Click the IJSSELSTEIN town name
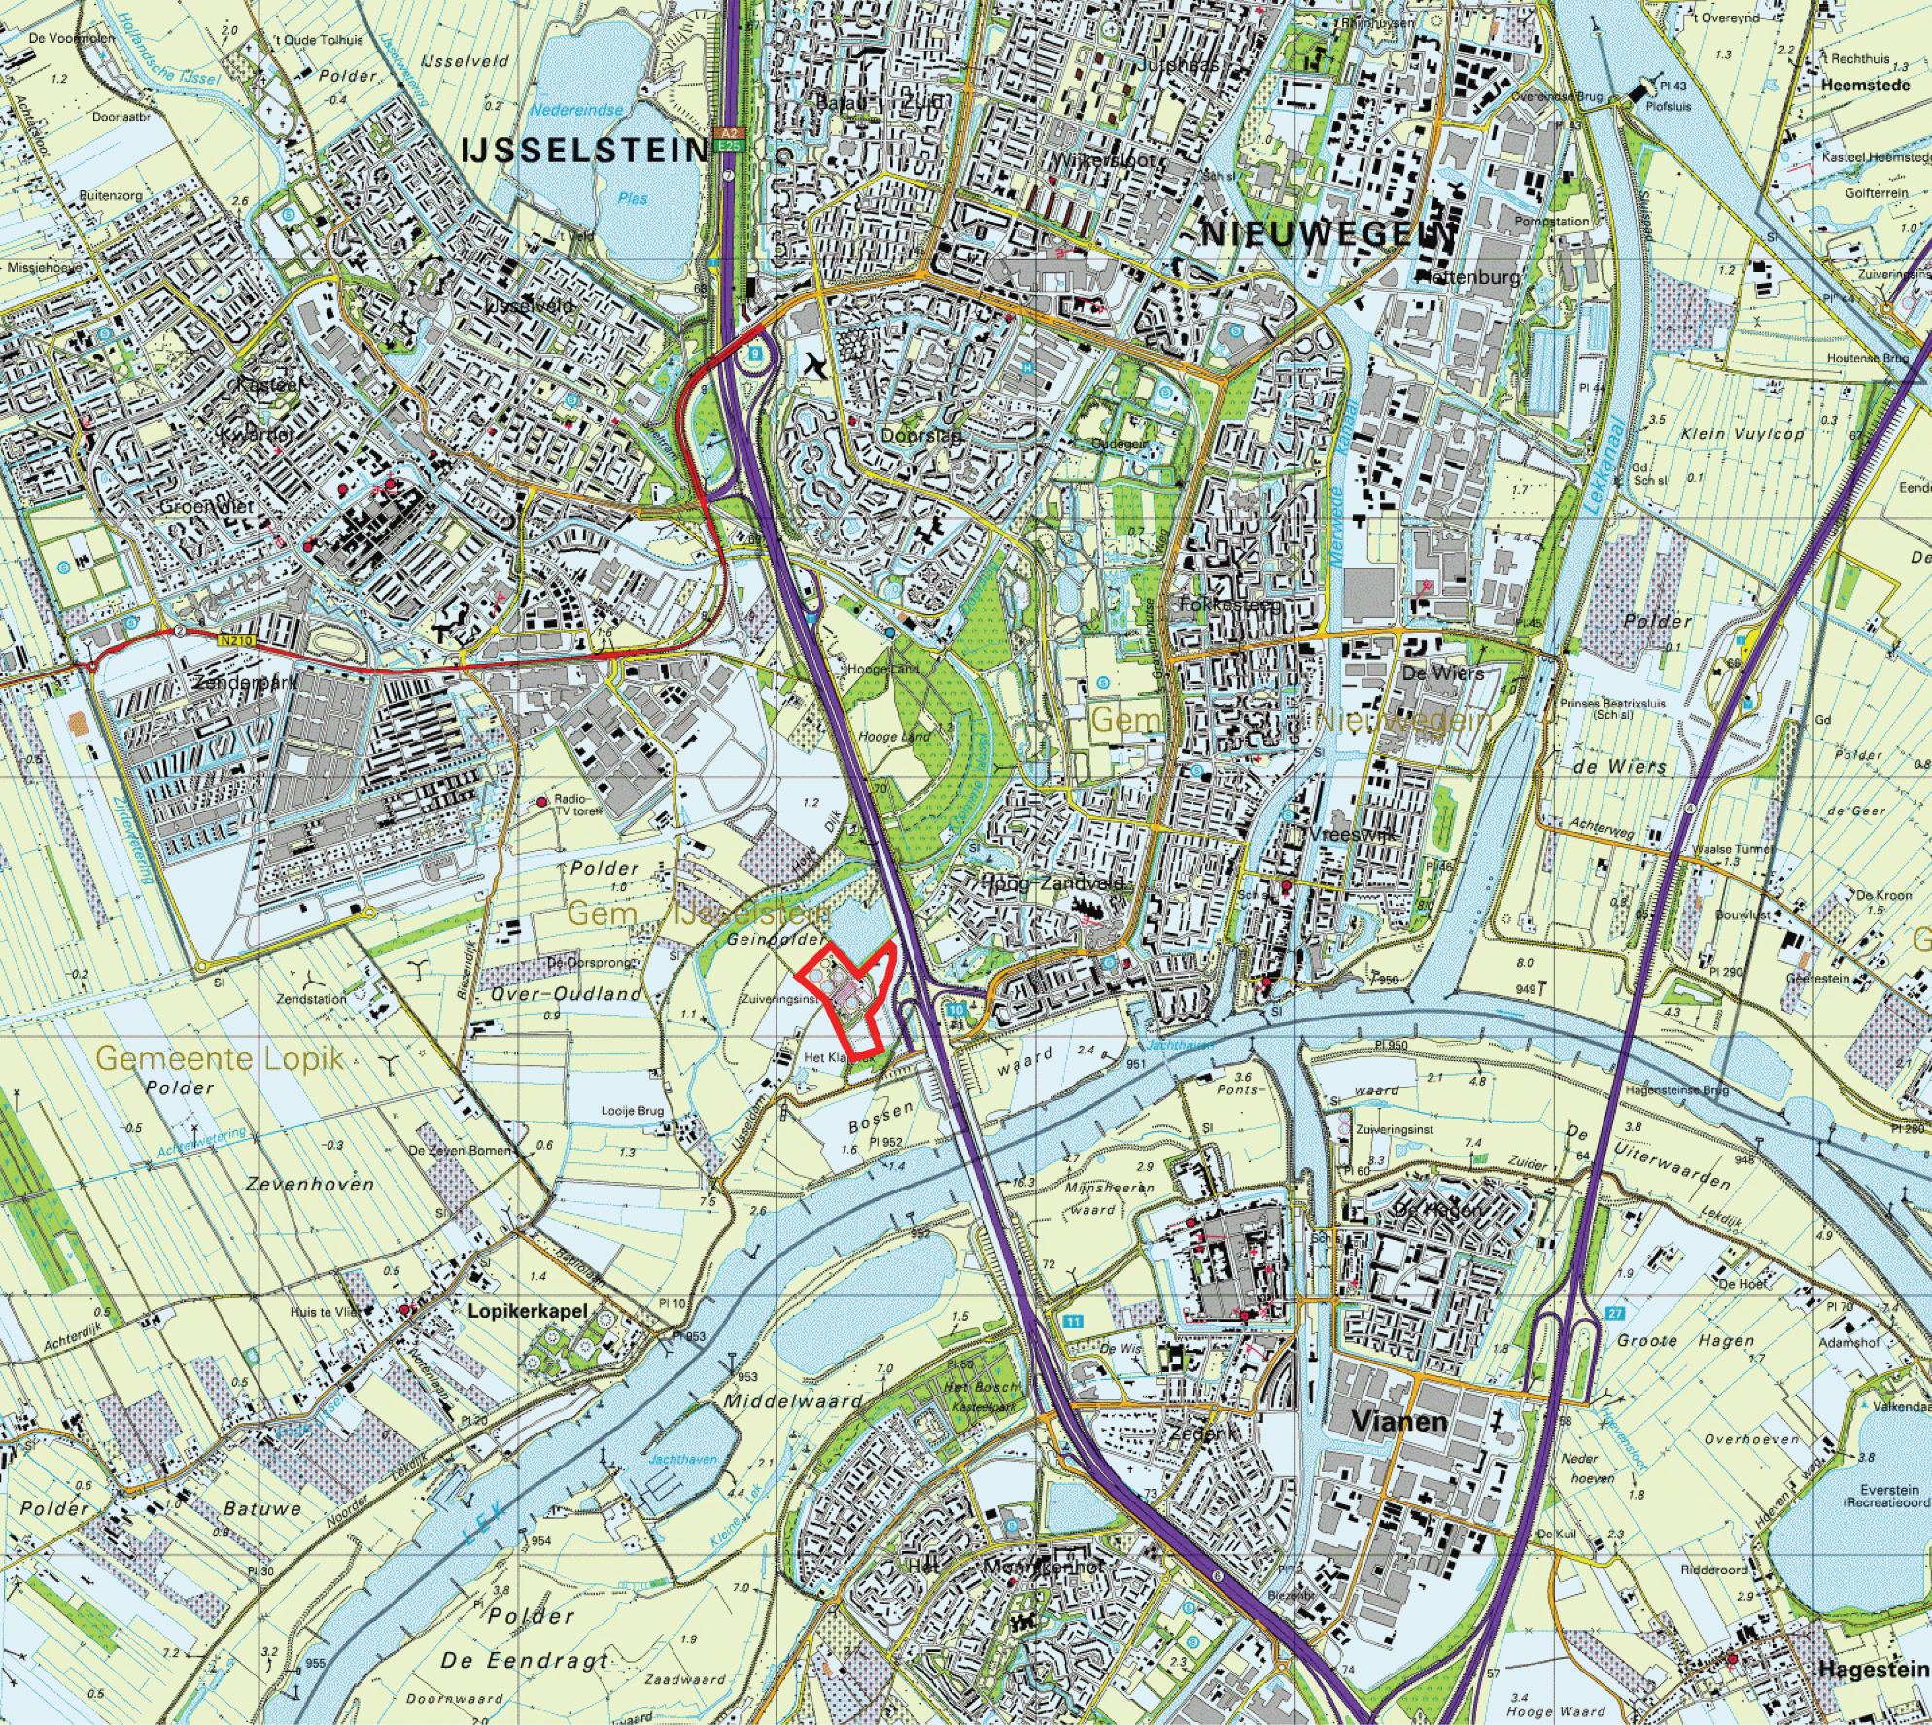point(583,150)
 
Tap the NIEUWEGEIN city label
point(1329,234)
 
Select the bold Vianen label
point(1399,1422)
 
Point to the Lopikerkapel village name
point(528,1311)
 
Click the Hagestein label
point(1872,1669)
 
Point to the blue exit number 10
point(957,1009)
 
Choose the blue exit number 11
point(1072,1322)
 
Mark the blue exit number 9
point(752,356)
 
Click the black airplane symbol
point(817,366)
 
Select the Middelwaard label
point(793,1401)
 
